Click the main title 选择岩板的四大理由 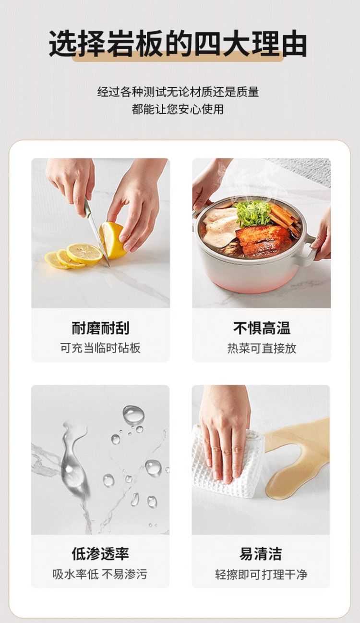(x=178, y=44)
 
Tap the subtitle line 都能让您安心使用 (x=178, y=110)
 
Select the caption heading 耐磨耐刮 (x=100, y=328)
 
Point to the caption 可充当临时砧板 (x=100, y=348)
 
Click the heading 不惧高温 (x=262, y=328)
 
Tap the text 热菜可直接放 (x=262, y=348)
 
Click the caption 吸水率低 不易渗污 (x=100, y=574)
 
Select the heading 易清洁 (x=261, y=554)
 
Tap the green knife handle (x=87, y=207)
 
